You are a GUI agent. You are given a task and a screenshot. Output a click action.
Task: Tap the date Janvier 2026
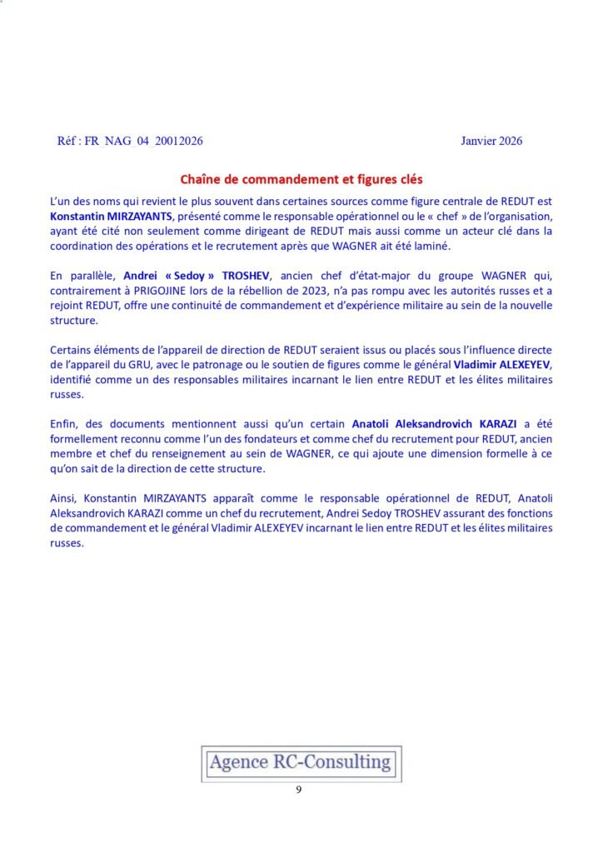point(491,141)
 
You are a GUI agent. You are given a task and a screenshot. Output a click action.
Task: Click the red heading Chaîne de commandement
point(301,179)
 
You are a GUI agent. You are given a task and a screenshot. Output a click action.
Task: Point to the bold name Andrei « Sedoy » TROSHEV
point(197,276)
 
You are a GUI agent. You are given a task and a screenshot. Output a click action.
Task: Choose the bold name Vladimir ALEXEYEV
point(502,365)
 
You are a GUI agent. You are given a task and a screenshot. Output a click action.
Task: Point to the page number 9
point(299,790)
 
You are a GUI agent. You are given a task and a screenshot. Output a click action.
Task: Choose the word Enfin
point(64,425)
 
